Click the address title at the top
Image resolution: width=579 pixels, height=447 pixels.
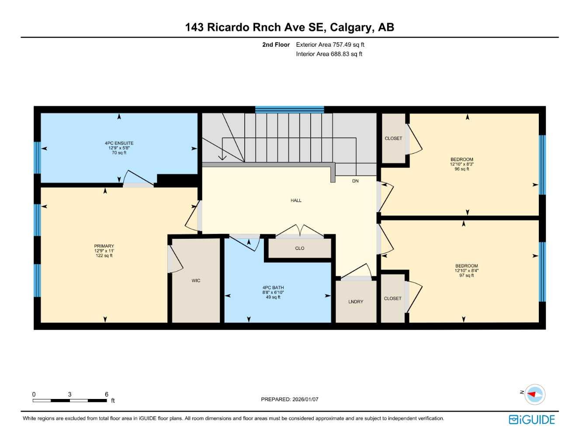289,27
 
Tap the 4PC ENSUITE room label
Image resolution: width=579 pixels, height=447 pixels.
119,143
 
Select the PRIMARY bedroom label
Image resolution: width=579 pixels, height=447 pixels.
104,246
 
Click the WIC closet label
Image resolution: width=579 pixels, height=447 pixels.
196,281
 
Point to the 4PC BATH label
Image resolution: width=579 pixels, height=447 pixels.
273,288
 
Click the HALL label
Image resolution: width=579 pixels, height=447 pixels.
296,200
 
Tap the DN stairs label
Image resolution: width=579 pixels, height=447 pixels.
355,181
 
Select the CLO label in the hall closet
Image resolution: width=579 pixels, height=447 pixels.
299,248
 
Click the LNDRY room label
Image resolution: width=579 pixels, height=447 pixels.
356,302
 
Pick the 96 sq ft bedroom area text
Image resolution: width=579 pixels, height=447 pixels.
461,169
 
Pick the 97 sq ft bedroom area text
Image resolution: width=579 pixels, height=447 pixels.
466,275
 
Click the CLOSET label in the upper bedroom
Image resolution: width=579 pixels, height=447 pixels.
393,138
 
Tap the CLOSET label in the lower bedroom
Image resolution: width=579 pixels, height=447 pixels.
392,299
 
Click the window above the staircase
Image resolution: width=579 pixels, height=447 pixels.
289,110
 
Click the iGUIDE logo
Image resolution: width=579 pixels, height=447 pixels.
531,419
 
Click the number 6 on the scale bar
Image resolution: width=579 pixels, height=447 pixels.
106,394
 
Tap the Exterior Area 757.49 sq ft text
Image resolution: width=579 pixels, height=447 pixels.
330,45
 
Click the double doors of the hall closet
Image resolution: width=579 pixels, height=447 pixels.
299,231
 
